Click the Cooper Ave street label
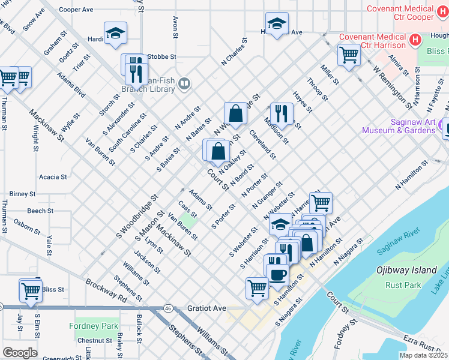[x=76, y=10]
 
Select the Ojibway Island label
[x=406, y=270]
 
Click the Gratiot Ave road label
[x=206, y=308]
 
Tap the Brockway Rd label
[x=106, y=291]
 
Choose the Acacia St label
[x=53, y=177]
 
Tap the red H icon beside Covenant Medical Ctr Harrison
[x=414, y=40]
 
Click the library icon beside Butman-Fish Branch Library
[x=184, y=85]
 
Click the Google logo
[x=20, y=352]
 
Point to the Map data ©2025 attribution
[x=423, y=355]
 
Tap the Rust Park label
[x=404, y=285]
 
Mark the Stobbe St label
[x=161, y=57]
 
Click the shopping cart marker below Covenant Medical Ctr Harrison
[x=349, y=55]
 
